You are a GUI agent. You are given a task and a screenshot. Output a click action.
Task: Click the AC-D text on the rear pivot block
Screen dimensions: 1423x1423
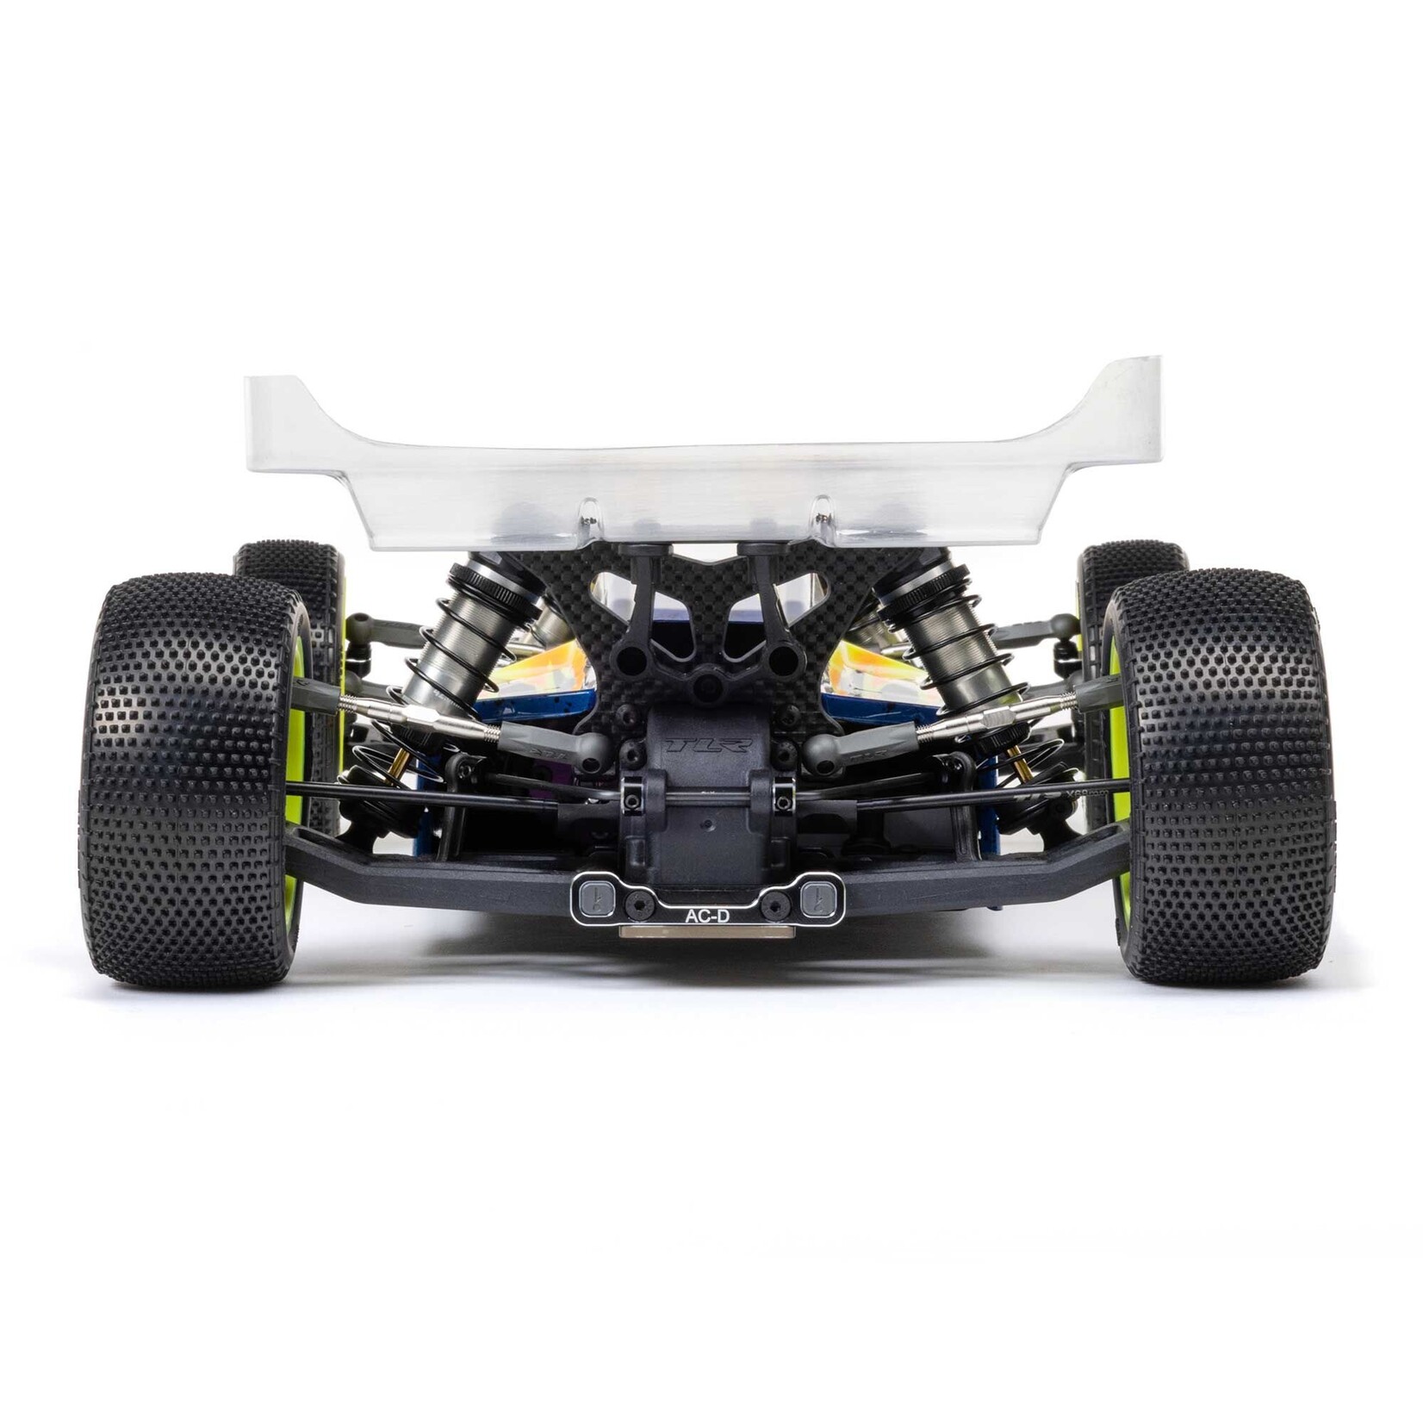pos(706,917)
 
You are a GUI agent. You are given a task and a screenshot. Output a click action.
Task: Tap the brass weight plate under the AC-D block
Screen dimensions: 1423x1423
pos(706,932)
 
